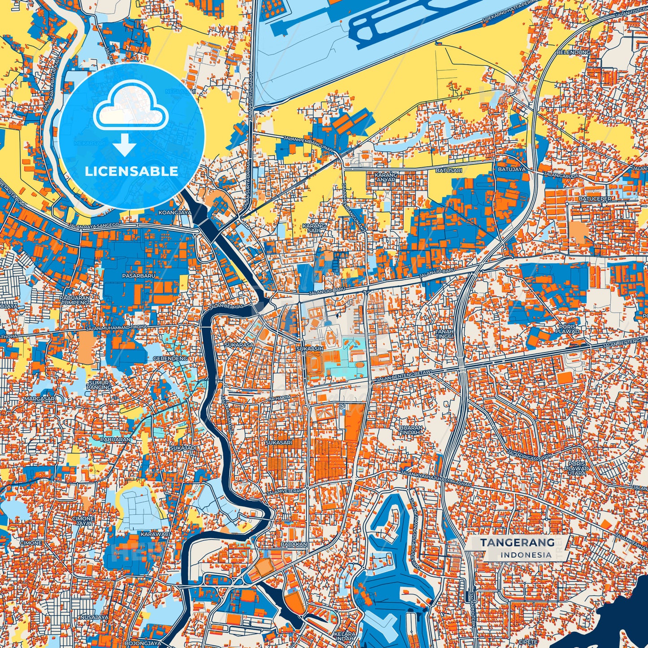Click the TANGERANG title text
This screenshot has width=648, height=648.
pos(517,543)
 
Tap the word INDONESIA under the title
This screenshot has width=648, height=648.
pos(526,555)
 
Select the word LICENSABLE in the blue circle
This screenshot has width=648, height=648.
pos(131,171)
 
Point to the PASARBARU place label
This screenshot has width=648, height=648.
pos(139,276)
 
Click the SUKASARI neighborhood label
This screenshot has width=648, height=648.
pos(278,443)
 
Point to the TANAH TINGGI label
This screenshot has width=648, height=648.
pos(444,334)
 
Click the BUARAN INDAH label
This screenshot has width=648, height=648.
pos(410,430)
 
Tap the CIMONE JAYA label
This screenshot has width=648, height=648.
pos(83,521)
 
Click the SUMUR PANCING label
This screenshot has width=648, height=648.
pos(99,384)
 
